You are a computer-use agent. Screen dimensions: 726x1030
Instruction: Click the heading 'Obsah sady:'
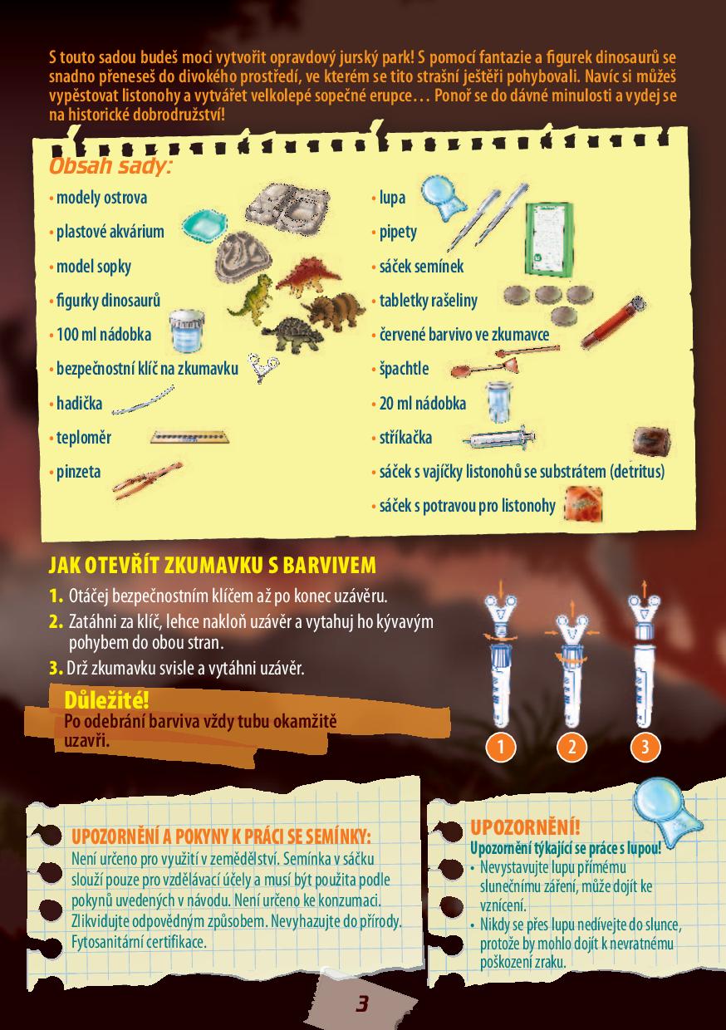pos(110,166)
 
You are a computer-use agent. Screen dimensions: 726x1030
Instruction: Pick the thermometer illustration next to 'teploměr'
pos(189,436)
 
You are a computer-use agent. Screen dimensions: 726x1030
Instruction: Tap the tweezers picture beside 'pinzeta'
pos(147,480)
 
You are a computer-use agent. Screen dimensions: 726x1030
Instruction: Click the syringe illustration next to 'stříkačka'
pos(499,437)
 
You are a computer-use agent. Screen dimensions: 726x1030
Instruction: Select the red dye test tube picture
pos(614,321)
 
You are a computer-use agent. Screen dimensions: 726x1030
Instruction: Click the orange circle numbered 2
pos(572,746)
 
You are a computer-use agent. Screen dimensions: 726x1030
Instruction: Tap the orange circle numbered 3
pos(645,746)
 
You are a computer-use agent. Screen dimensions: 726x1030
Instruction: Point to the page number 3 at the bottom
pos(362,1003)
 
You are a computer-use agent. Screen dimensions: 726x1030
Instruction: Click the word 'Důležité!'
pos(106,700)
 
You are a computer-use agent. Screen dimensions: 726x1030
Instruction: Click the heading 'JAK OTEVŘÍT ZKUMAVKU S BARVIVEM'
pos(213,565)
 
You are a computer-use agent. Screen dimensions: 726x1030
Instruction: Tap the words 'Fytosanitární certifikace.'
pos(139,942)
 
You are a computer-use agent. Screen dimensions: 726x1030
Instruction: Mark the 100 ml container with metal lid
pos(186,330)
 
